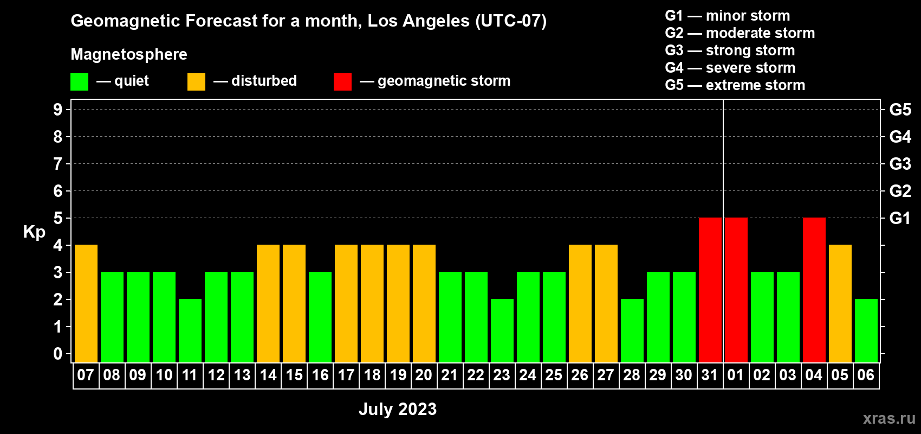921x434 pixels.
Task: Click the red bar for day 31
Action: point(710,290)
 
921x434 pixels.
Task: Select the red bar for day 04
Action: point(814,290)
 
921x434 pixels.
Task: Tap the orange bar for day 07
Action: point(86,303)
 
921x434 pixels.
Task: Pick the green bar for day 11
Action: point(190,330)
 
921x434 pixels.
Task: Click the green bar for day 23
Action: point(502,330)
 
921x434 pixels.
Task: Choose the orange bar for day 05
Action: point(840,303)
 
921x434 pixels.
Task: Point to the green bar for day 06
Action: point(866,330)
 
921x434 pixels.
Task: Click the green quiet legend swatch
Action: point(79,81)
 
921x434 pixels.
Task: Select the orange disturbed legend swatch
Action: point(196,81)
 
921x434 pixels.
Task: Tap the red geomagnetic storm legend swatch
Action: point(342,81)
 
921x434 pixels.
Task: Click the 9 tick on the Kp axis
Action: point(57,110)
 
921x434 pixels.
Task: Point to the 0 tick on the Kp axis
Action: point(57,354)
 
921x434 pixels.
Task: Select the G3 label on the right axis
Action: point(900,164)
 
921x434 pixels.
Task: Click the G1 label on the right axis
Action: point(900,218)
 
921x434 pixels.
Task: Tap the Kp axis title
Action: point(34,233)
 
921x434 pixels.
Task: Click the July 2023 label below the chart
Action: point(398,409)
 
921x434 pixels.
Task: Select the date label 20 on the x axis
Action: point(424,375)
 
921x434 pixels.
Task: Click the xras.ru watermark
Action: point(889,418)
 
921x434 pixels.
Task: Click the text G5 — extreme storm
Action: point(735,85)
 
